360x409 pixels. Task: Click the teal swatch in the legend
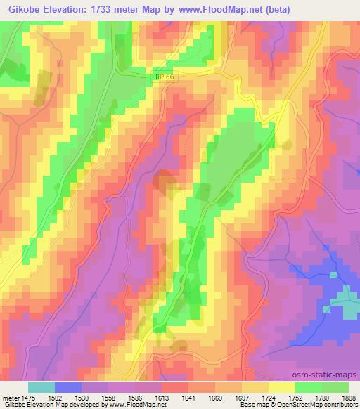click(40, 387)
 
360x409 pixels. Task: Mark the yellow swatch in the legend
click(281, 387)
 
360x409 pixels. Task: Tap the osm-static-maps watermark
click(331, 375)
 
